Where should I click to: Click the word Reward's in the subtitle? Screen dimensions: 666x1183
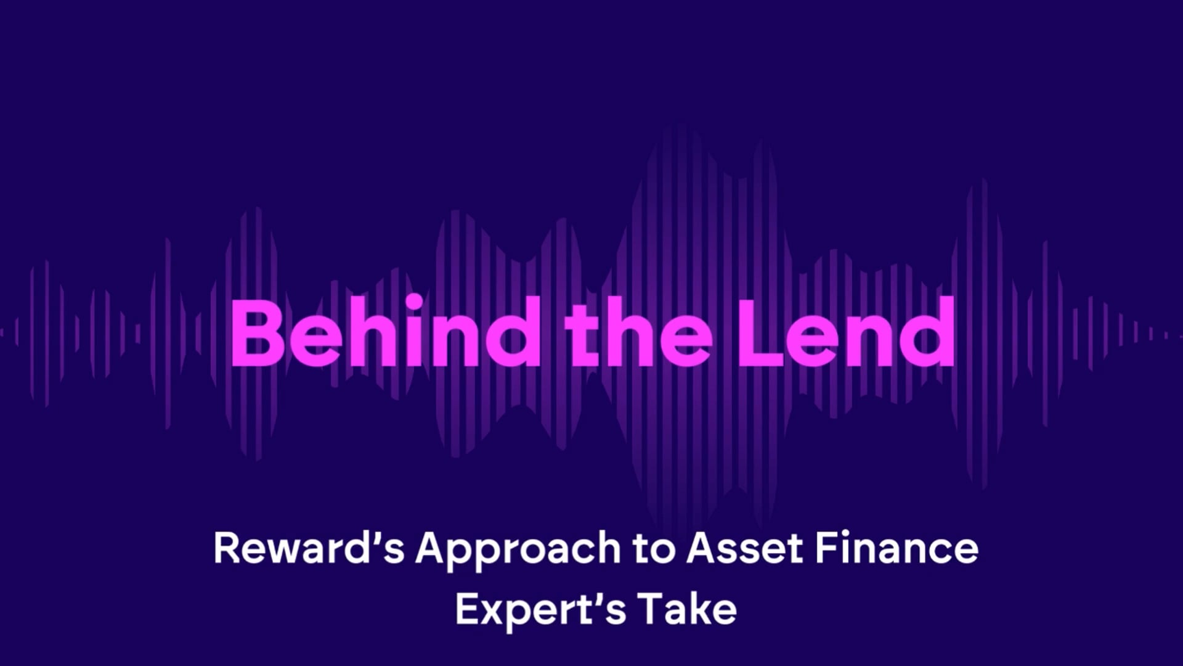pyautogui.click(x=308, y=548)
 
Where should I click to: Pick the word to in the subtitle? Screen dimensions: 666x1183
pyautogui.click(x=654, y=548)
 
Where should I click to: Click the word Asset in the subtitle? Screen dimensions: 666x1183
pyautogui.click(x=745, y=548)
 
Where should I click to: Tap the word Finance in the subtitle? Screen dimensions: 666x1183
pyautogui.click(x=896, y=548)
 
